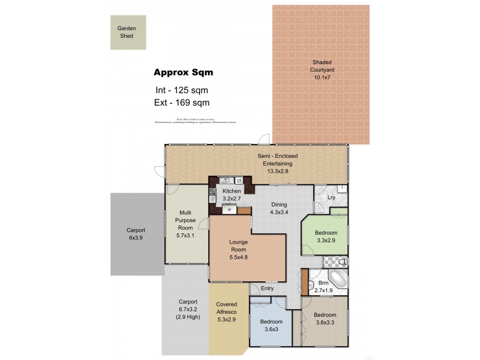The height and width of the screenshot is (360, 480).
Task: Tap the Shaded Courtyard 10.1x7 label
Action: coord(322,66)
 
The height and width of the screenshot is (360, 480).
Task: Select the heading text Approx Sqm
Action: coord(183,73)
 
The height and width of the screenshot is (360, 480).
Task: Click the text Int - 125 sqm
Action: coord(181,91)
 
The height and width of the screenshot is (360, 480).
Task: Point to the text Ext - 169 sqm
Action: coord(181,103)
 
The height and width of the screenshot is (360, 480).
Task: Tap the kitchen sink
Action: coord(226,180)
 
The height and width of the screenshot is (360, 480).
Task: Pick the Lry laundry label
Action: coord(331,197)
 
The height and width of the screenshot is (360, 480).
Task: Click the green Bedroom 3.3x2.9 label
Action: coord(326,236)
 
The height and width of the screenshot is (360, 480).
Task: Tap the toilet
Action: coord(341,262)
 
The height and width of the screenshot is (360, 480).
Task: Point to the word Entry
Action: coord(267,289)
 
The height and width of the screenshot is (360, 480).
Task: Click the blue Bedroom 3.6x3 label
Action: coord(271,325)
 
